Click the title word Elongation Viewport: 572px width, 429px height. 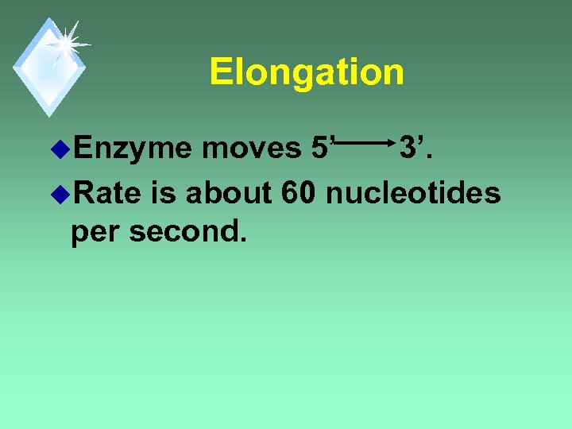pyautogui.click(x=307, y=73)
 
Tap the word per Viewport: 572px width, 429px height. pyautogui.click(x=95, y=232)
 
